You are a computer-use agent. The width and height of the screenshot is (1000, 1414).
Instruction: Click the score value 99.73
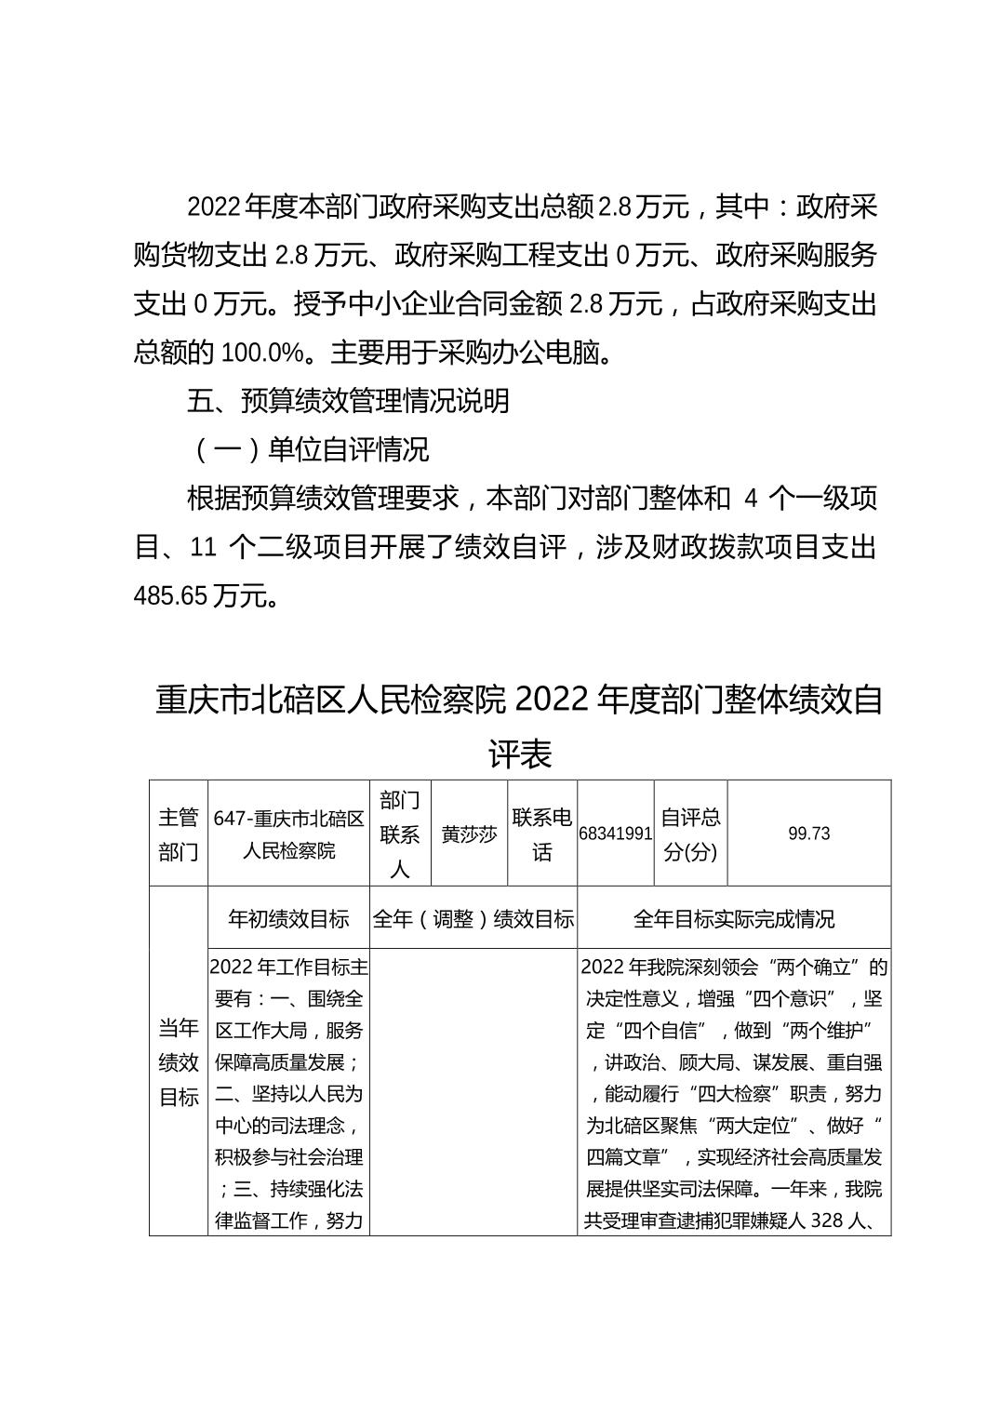point(808,834)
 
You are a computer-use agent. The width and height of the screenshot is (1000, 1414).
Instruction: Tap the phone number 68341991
point(615,834)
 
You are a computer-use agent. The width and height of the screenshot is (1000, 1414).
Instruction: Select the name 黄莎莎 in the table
point(469,834)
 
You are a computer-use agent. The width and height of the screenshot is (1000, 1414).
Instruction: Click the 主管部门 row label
point(178,834)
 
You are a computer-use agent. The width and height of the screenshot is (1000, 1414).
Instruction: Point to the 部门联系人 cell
point(400,834)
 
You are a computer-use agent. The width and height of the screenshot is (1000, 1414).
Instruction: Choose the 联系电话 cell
point(542,834)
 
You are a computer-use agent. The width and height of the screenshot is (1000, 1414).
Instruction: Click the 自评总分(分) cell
point(690,834)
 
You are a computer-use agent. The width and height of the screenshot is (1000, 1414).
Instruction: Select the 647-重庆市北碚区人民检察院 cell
point(288,834)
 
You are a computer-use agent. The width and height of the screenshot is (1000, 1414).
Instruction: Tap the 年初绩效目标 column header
point(288,919)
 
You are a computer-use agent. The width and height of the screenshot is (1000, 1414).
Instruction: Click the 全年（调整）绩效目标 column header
point(473,919)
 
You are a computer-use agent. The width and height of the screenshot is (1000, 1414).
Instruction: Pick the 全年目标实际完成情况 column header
point(734,919)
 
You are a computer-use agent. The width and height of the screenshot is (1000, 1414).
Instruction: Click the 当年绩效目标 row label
point(178,1062)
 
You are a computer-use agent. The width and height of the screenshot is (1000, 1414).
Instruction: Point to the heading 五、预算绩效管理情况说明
point(348,401)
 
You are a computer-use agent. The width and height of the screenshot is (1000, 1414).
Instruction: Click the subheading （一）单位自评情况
point(308,450)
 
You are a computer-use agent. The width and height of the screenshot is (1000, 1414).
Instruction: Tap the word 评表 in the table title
point(520,753)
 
